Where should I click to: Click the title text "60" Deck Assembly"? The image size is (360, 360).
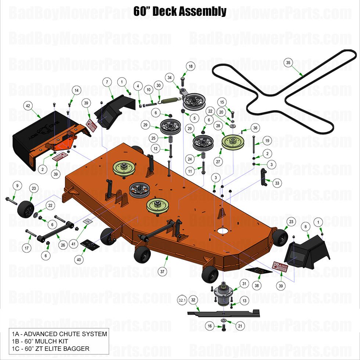(180, 11)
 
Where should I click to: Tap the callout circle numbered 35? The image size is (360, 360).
(288, 63)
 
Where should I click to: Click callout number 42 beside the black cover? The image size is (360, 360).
(27, 105)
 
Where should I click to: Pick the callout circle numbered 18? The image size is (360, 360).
(190, 66)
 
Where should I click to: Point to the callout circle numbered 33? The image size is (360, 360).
(277, 183)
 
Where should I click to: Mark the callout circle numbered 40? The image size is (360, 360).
(78, 259)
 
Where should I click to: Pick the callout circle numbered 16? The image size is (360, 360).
(209, 326)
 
